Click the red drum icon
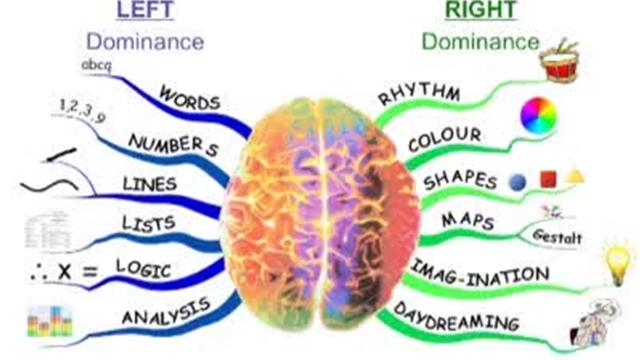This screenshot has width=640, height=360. tap(559, 61)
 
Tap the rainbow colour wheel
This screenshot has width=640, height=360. tap(539, 116)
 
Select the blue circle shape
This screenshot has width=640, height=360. tap(518, 182)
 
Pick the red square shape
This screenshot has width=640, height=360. tap(548, 179)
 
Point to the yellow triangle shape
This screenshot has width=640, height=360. tap(575, 177)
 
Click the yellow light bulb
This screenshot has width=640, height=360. tap(619, 261)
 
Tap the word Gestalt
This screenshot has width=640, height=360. tap(557, 236)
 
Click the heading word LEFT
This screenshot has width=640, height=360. tap(145, 10)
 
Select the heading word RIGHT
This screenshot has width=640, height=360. tap(481, 10)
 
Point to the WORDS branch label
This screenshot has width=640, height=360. tap(189, 98)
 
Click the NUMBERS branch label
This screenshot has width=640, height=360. tap(173, 145)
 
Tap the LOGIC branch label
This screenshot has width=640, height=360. tap(143, 268)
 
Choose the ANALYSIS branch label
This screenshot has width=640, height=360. tap(166, 312)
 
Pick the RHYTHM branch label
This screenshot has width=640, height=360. tap(419, 94)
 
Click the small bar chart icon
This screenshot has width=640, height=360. tap(50, 322)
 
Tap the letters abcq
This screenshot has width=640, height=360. tap(96, 65)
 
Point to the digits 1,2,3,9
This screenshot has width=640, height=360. tap(82, 109)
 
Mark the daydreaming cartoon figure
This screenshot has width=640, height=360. tap(594, 322)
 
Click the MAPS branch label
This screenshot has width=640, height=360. tap(468, 221)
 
